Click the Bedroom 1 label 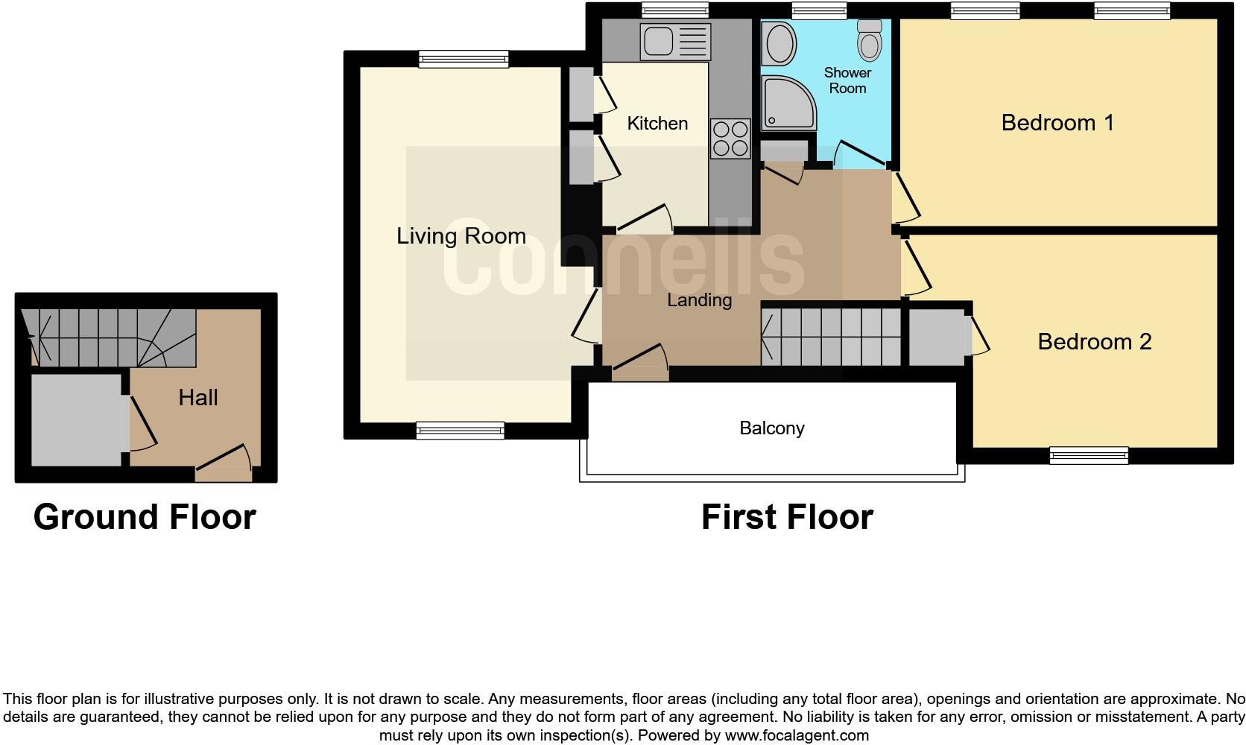click(1057, 123)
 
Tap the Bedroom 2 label click(1094, 342)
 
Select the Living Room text click(461, 236)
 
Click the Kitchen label click(657, 124)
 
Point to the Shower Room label click(847, 80)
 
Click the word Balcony click(771, 428)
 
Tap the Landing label click(699, 300)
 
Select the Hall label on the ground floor click(197, 398)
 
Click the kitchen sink click(658, 41)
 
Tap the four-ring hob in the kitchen click(730, 139)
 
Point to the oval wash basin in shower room click(779, 43)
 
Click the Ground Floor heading click(145, 517)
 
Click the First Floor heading click(787, 517)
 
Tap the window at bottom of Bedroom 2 click(1088, 455)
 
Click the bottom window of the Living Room click(460, 430)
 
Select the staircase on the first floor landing click(831, 337)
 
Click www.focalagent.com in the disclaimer click(796, 736)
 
